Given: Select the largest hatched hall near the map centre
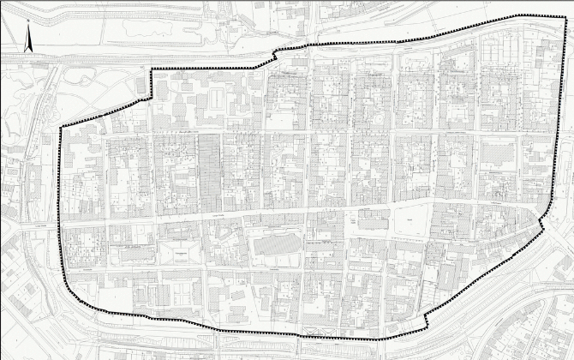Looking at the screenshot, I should (x=276, y=244).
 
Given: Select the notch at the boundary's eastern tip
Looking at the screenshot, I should (x=542, y=224).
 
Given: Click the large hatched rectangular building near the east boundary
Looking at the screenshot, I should (x=498, y=154).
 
